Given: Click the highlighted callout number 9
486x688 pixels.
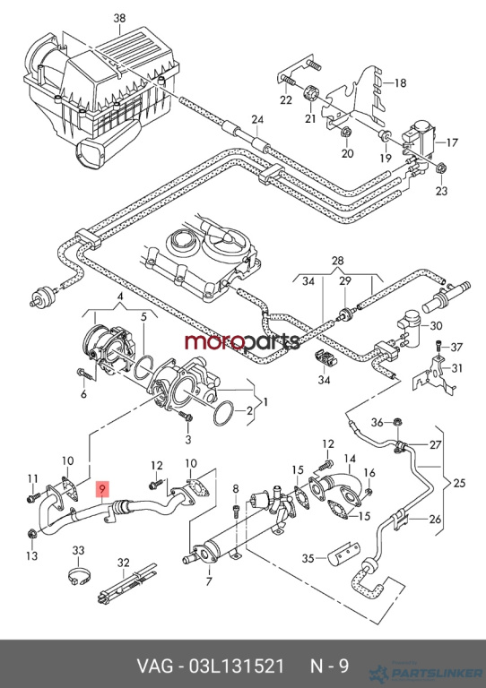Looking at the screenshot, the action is (x=102, y=488).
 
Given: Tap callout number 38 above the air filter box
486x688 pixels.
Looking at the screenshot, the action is (x=119, y=19).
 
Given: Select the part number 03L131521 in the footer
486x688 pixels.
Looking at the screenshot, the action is (x=236, y=666).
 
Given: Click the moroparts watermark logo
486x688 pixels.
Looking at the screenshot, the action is (x=242, y=341).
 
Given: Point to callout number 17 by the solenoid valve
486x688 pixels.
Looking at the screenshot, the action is (x=452, y=142).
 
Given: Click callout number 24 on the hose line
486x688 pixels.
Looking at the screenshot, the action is (x=257, y=119).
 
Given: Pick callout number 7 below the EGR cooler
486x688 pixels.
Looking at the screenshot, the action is (x=209, y=581).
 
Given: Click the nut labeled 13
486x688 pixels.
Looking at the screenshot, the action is (x=31, y=534).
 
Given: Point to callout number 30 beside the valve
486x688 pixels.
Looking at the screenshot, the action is (x=436, y=326).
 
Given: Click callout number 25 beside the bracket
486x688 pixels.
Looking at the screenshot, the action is (x=459, y=484).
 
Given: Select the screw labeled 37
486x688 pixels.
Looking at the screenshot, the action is (x=439, y=346).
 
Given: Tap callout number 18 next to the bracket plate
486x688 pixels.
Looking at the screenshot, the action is (x=400, y=82).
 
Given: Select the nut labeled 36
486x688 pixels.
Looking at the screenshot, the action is (x=396, y=422).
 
